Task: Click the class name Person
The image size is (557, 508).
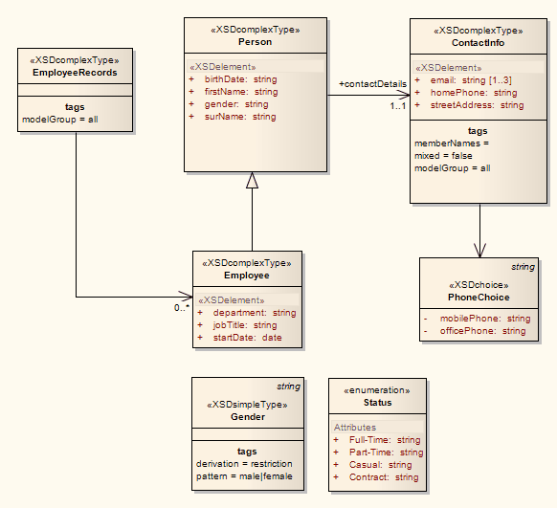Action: pos(255,42)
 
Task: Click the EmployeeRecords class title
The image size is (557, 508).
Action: pos(75,73)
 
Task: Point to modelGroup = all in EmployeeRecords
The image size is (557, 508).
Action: pos(60,120)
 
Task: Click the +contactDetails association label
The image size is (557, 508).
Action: pos(372,84)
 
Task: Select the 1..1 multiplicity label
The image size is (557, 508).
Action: pos(398,105)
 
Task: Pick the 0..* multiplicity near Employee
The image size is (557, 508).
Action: pos(181,307)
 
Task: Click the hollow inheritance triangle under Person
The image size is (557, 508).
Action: pos(253,180)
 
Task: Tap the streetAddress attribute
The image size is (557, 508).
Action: pos(477,105)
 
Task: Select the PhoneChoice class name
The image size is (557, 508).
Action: pos(479,298)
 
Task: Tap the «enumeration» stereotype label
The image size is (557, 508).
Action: pos(377,390)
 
